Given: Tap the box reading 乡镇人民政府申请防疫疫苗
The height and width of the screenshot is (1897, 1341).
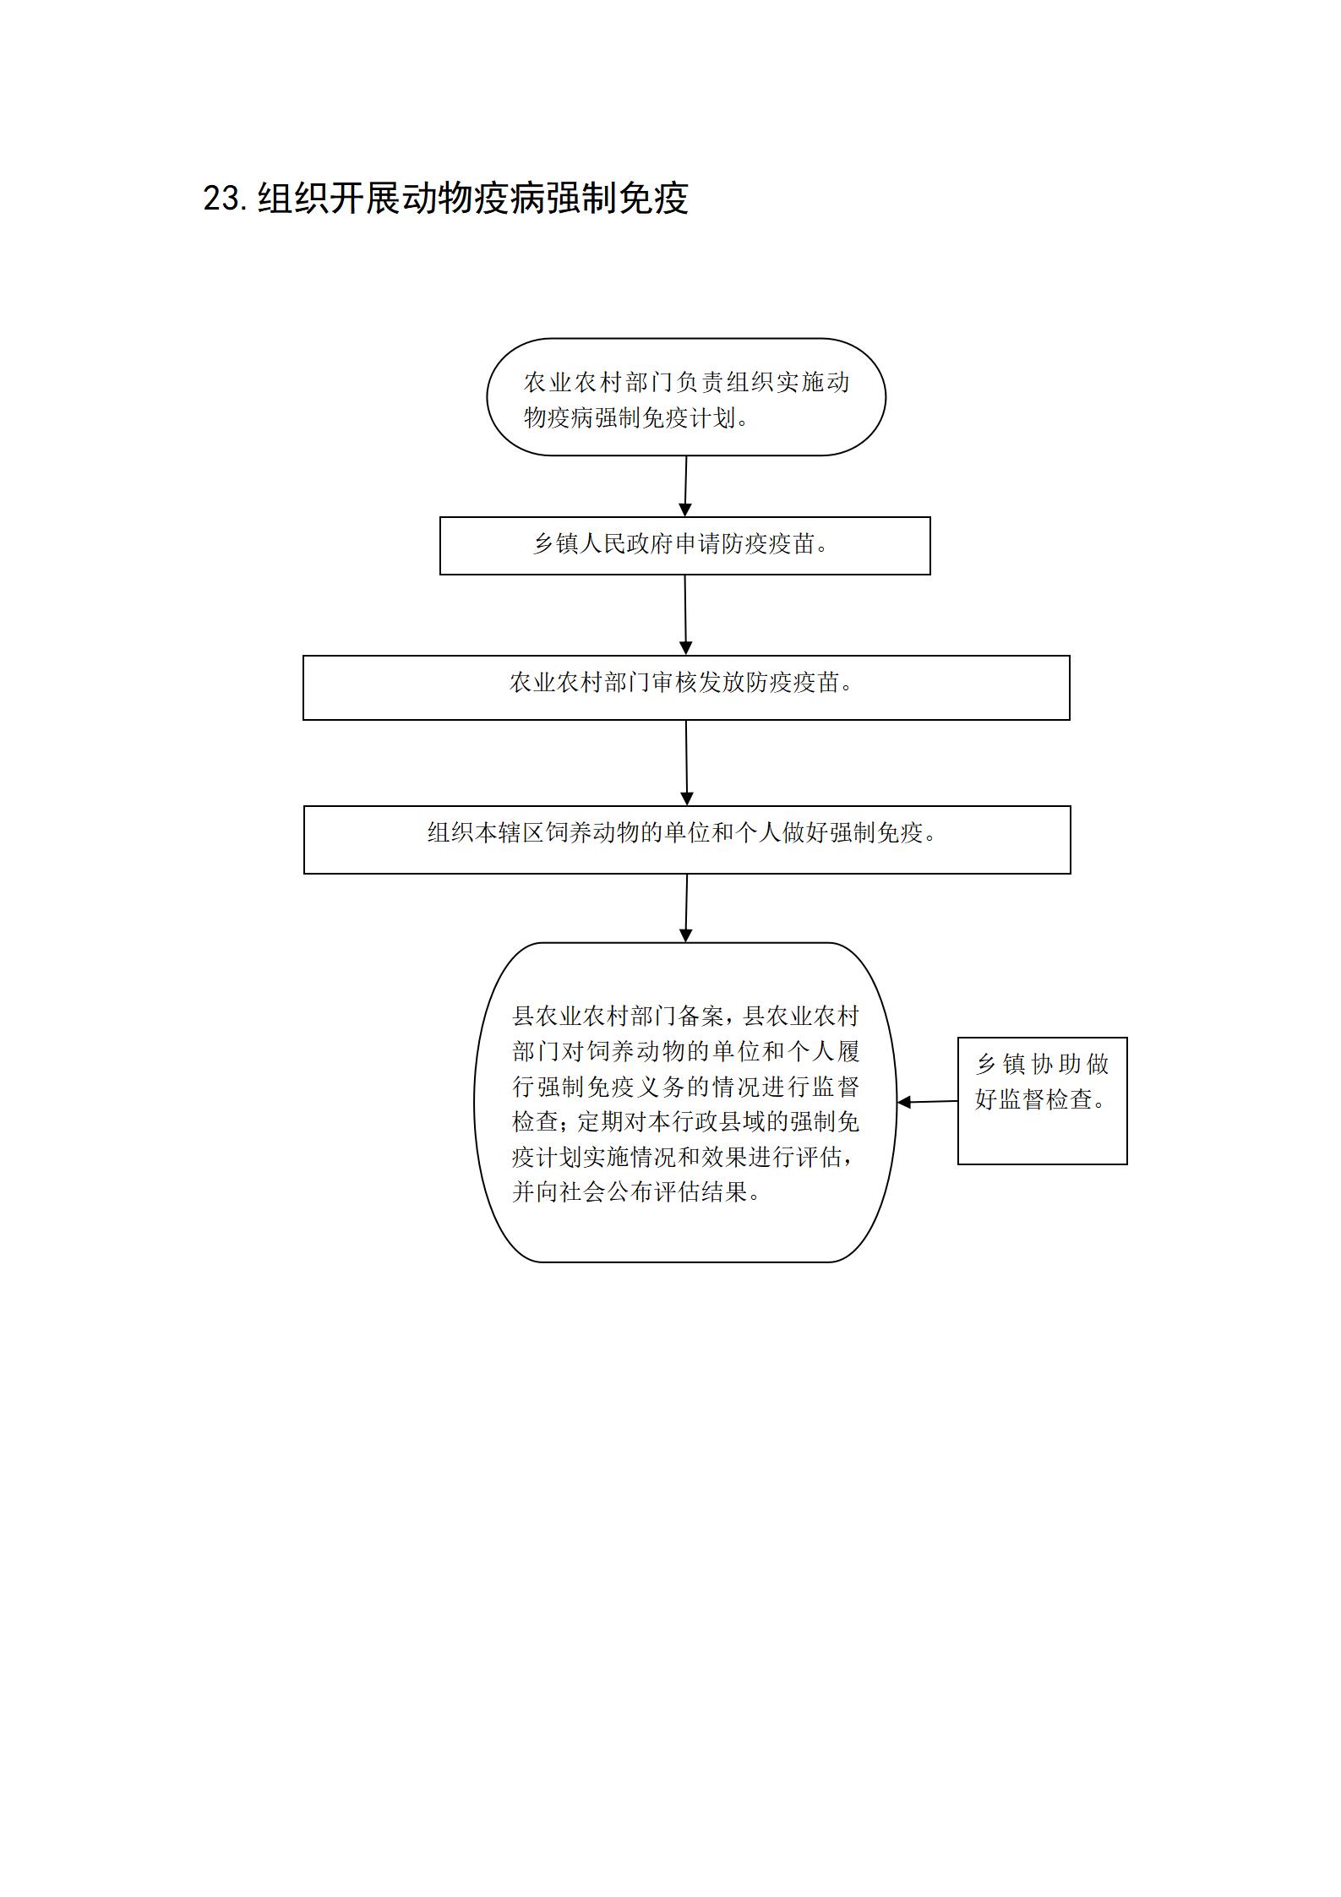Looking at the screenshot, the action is tap(685, 546).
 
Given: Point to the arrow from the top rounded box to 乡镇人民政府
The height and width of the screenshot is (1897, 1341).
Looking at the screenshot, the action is tap(685, 486).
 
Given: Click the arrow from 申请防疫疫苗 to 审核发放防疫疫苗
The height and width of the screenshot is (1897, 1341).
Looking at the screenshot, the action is tap(685, 615).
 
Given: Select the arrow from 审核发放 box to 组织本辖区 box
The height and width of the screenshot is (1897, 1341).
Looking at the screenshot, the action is tap(686, 763).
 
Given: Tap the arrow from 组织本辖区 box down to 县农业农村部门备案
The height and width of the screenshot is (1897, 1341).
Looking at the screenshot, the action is tap(686, 908).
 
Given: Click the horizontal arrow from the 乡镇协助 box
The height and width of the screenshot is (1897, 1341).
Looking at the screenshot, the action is tap(927, 1102).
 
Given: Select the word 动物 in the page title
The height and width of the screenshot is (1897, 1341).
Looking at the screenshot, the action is tap(438, 199).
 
